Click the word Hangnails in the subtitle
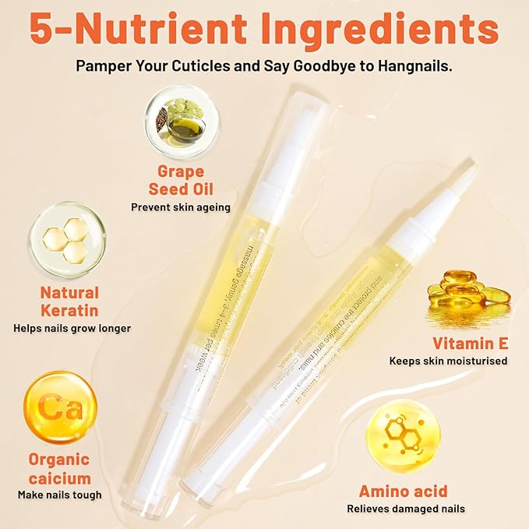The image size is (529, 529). tap(414, 65)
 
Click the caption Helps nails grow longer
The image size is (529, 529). tap(72, 328)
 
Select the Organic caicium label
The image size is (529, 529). tap(59, 468)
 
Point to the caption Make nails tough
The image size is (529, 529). tap(59, 495)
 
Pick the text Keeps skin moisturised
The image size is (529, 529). tap(448, 361)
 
